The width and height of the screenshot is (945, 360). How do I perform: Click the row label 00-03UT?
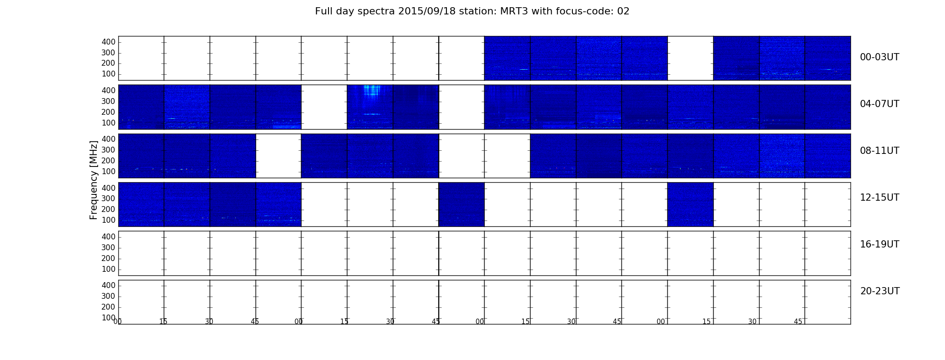click(879, 57)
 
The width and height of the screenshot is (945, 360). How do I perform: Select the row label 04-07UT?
click(879, 104)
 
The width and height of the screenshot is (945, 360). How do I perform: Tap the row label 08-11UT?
click(879, 151)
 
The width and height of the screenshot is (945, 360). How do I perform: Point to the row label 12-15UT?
click(879, 198)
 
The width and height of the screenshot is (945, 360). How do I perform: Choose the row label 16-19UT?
click(879, 244)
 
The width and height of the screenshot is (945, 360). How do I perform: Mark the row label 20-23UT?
click(880, 291)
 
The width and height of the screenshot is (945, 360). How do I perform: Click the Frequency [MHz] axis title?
click(94, 180)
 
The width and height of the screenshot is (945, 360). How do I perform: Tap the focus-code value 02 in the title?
click(624, 11)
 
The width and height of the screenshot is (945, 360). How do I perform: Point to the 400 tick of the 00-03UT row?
click(108, 42)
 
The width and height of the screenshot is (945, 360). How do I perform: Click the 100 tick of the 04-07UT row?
click(108, 123)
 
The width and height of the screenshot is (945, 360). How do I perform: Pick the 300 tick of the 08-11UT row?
click(108, 150)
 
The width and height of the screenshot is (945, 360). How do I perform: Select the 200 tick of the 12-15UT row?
click(108, 209)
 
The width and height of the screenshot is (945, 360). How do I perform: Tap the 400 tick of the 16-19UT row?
click(108, 237)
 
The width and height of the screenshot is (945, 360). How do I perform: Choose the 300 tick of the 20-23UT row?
click(108, 296)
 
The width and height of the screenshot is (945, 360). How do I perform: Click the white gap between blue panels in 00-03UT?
click(690, 58)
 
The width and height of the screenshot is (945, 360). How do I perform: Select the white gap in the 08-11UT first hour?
click(279, 156)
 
